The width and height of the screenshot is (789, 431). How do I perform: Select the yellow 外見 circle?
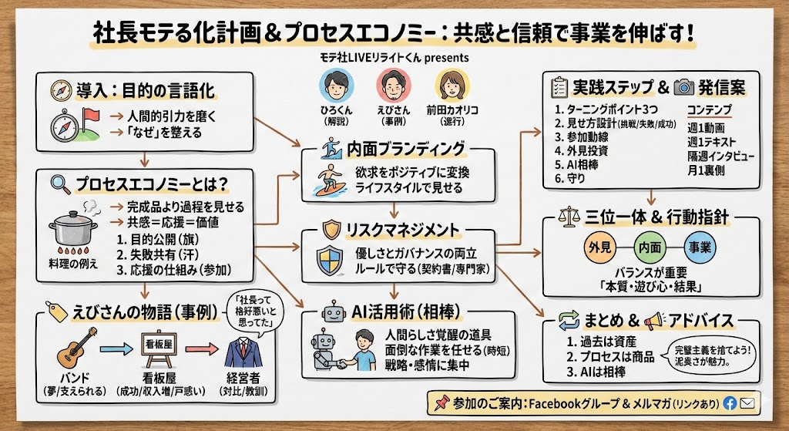tap(599, 248)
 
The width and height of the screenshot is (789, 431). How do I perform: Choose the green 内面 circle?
tap(648, 248)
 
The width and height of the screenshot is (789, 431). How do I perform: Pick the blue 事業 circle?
tap(700, 248)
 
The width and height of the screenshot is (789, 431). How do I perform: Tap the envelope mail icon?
tap(747, 402)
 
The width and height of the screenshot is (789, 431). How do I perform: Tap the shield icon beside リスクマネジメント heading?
tap(331, 228)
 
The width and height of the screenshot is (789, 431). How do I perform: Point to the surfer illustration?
tap(332, 180)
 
